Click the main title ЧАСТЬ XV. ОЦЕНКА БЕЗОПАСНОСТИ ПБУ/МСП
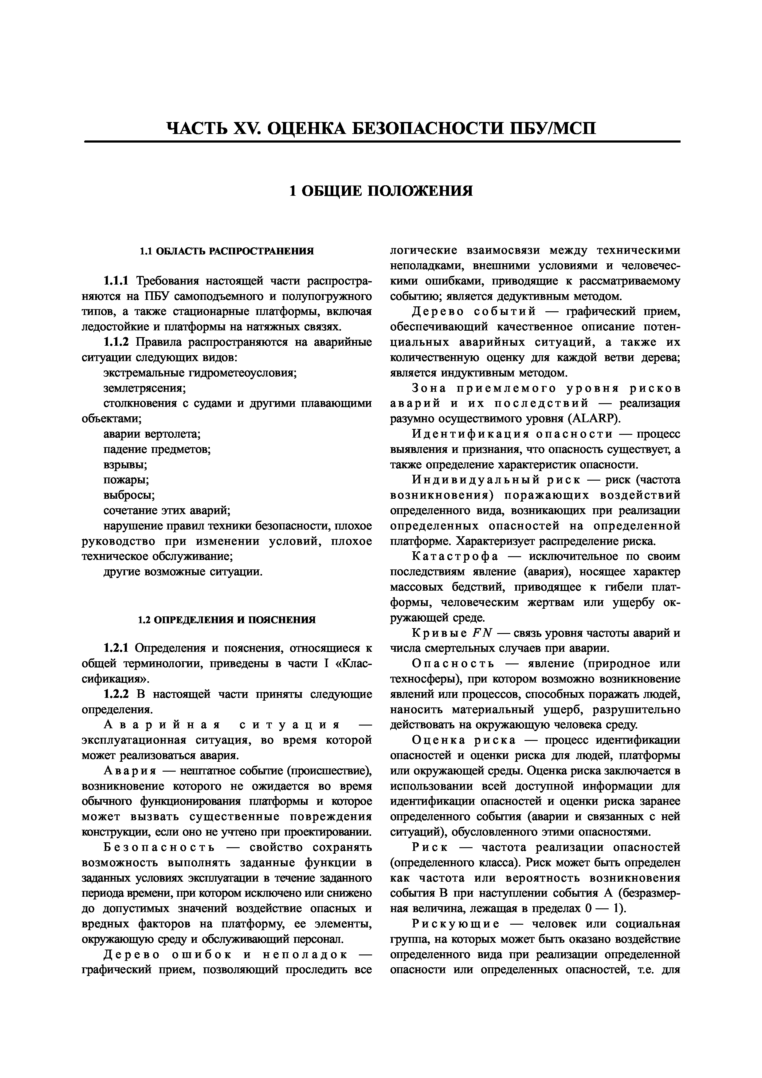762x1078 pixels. click(x=381, y=128)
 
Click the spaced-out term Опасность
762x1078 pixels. click(x=453, y=664)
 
